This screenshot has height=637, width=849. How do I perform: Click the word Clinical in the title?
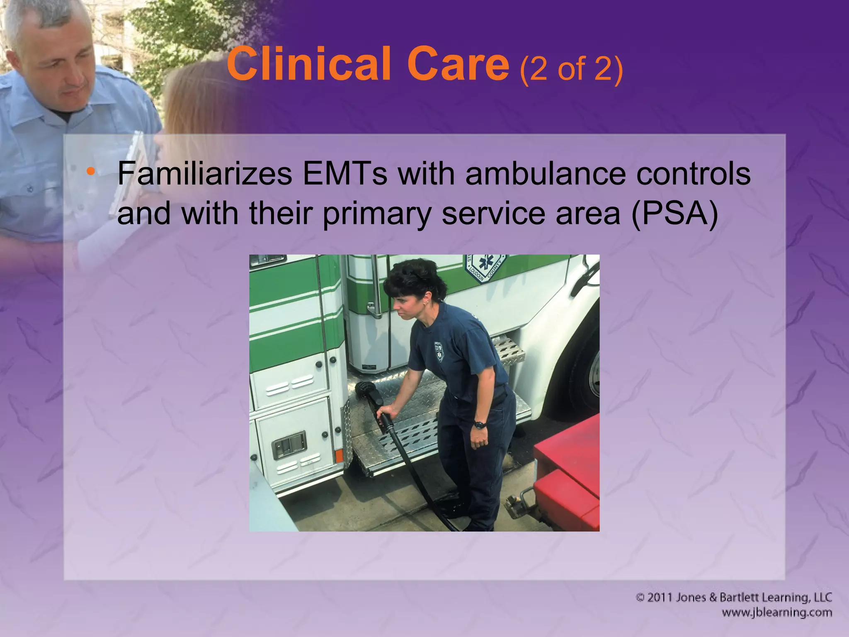point(308,64)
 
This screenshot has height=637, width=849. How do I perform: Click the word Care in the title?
point(458,64)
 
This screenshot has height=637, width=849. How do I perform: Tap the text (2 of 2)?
point(571,68)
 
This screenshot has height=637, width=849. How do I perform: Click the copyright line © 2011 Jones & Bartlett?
point(733,597)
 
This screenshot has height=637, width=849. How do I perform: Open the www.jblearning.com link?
point(776,613)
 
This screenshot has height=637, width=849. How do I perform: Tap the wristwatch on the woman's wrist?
point(480,424)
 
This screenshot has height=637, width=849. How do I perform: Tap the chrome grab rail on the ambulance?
point(375,286)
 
